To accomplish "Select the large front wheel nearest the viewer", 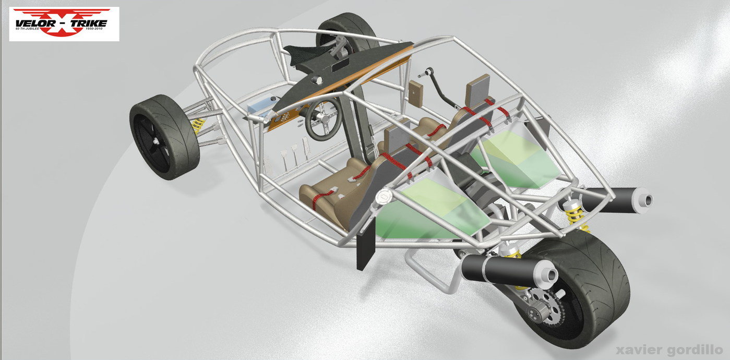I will point(164,137).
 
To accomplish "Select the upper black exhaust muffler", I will point(616,200).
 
